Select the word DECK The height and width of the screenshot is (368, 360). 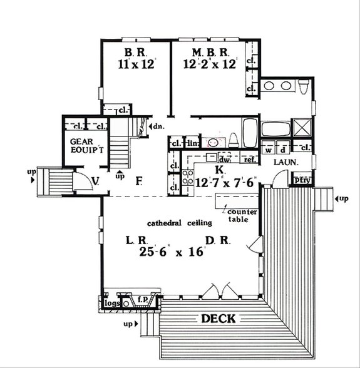coord(218,319)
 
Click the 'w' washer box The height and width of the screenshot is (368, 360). coord(268,150)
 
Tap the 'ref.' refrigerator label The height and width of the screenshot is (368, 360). coord(250,160)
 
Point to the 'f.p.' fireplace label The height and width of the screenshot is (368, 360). coord(142,300)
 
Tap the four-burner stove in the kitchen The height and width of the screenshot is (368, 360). coord(188,177)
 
